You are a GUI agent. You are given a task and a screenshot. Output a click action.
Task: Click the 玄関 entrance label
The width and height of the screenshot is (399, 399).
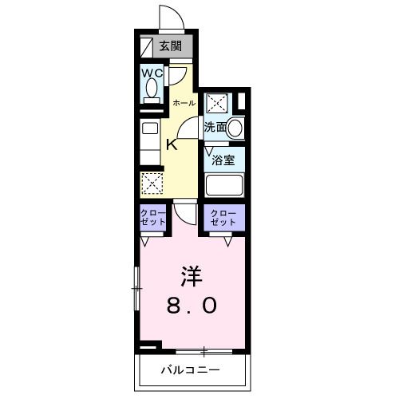click(x=170, y=45)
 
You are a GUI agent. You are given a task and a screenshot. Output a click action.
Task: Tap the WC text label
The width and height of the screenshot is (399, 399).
click(x=152, y=73)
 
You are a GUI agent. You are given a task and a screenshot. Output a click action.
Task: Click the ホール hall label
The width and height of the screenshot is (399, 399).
click(x=184, y=103)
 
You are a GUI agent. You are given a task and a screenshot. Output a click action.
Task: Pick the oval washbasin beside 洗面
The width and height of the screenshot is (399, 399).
click(x=235, y=127)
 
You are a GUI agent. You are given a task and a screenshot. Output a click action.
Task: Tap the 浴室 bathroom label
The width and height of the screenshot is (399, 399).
click(x=222, y=160)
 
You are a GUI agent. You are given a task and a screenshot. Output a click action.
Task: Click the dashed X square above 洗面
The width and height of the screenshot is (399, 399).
click(x=217, y=104)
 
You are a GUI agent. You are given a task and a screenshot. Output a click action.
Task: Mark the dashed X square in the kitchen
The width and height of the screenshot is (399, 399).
click(x=152, y=183)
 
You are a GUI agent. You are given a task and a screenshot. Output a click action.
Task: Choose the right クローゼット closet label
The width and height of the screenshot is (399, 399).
click(x=223, y=218)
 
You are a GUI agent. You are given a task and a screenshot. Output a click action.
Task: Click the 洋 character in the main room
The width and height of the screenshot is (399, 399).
click(x=189, y=276)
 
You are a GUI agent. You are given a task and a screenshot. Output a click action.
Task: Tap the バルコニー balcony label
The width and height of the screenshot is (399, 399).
click(x=190, y=370)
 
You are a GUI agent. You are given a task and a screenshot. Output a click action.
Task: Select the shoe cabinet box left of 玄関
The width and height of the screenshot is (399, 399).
click(x=144, y=45)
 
